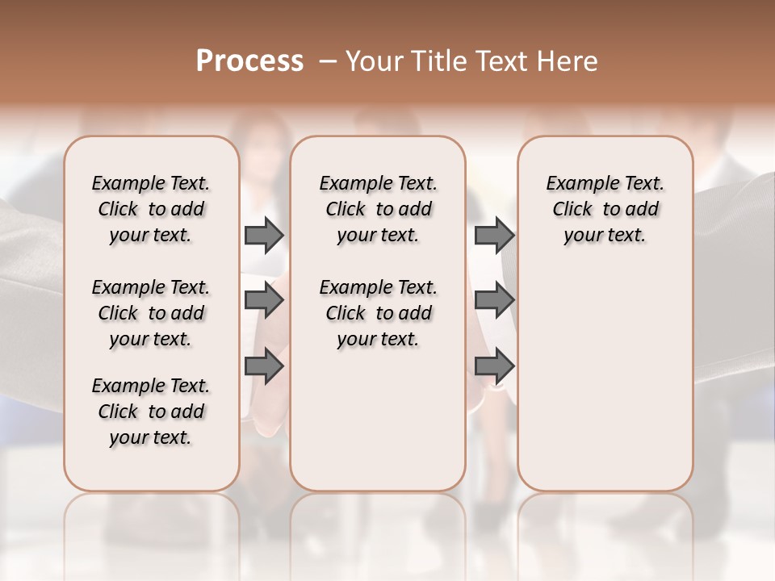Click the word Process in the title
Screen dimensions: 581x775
(249, 61)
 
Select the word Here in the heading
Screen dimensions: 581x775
(568, 61)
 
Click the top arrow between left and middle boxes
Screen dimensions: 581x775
(264, 235)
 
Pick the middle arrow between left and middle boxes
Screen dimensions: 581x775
(264, 301)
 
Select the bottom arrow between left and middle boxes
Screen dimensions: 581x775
(264, 366)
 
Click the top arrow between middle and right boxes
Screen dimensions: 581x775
(494, 235)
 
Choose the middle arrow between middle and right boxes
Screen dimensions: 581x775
(494, 301)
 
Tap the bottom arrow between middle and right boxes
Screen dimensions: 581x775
(494, 366)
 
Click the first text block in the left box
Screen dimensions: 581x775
(151, 209)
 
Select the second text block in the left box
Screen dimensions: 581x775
(151, 313)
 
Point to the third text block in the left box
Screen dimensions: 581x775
(151, 412)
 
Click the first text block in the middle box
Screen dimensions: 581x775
(378, 209)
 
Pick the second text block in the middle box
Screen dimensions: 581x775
(378, 313)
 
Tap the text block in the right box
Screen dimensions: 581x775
(605, 209)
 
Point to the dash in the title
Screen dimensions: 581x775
(327, 61)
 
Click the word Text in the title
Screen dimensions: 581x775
(501, 61)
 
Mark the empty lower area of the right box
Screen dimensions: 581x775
(605, 379)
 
